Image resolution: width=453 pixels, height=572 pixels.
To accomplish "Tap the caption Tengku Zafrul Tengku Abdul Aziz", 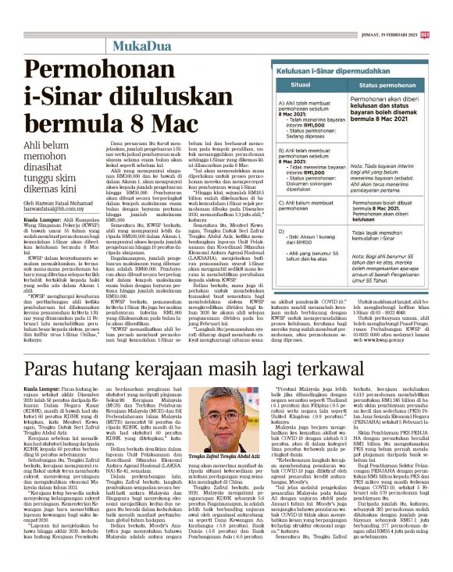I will click(230, 478).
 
